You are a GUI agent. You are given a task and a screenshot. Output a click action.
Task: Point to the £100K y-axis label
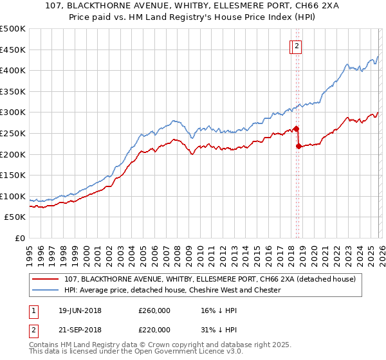coord(14,196)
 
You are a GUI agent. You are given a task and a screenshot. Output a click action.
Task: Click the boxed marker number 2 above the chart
coord(297,46)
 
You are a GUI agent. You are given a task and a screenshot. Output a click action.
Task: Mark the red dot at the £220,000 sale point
coord(299,146)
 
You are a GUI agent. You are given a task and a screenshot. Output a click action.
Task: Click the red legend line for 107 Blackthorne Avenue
coord(46,279)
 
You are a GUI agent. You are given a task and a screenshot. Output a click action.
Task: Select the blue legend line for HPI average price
coord(46,290)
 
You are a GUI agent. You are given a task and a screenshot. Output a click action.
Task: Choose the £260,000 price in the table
coord(154,310)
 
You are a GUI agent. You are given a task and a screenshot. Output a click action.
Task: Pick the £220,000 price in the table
coord(154,329)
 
